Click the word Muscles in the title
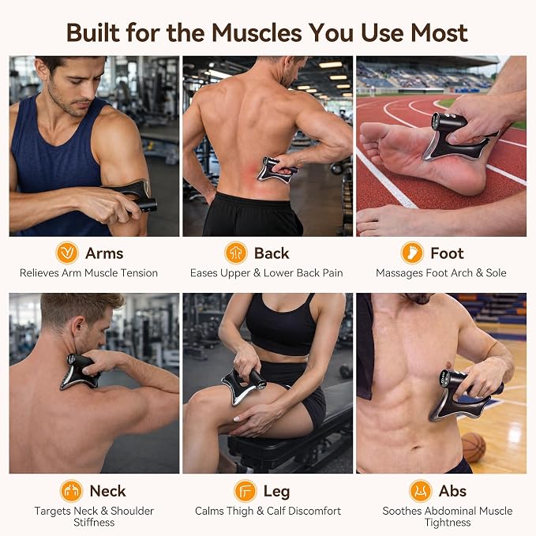click(x=257, y=33)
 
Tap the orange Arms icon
click(x=67, y=253)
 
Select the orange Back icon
click(x=236, y=253)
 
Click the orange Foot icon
click(x=412, y=253)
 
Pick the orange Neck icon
click(x=72, y=491)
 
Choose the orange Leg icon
click(x=245, y=491)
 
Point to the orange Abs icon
click(x=421, y=491)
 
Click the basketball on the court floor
click(x=473, y=447)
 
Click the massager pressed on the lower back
click(x=275, y=170)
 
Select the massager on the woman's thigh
click(x=242, y=385)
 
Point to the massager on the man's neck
click(x=79, y=372)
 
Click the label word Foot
click(x=447, y=253)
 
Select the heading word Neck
click(x=107, y=491)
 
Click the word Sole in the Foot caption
click(x=496, y=273)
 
